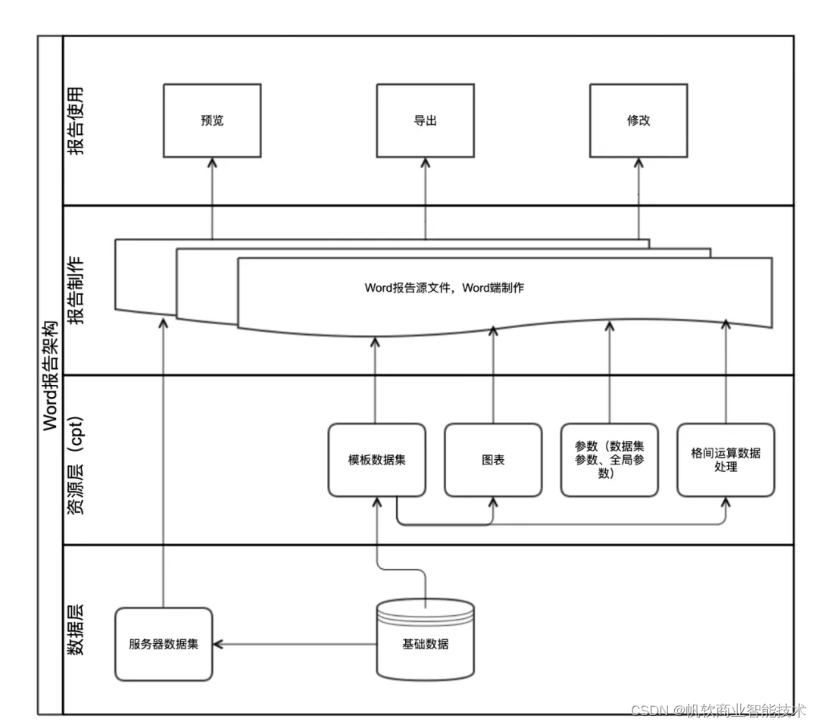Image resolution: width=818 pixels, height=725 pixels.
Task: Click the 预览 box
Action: (212, 120)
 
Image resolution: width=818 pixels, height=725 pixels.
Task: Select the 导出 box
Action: (425, 120)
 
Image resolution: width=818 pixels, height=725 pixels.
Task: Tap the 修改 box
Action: (638, 120)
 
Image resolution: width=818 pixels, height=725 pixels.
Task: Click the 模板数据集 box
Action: (376, 460)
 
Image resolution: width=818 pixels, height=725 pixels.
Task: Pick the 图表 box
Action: (492, 460)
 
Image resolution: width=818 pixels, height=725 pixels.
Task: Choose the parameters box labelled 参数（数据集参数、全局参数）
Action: (609, 460)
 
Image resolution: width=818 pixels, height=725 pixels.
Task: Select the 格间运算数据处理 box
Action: (726, 460)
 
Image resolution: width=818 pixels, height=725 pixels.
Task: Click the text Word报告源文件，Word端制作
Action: (445, 288)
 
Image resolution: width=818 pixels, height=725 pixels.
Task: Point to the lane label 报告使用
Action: (76, 120)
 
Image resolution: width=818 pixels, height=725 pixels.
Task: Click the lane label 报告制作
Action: (76, 290)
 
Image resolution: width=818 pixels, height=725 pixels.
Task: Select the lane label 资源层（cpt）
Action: (76, 460)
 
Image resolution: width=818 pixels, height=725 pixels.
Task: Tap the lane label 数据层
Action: (76, 629)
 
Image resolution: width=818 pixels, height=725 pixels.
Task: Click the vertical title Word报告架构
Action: (50, 374)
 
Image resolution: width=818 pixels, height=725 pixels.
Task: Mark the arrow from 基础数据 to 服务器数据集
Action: (295, 645)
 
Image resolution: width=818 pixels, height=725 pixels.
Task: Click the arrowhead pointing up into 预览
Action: (212, 163)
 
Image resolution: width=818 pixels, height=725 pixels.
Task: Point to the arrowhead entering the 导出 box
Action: (425, 163)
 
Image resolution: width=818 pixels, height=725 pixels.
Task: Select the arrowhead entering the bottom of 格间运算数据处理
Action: (726, 503)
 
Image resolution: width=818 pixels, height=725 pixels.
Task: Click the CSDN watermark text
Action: (717, 710)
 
